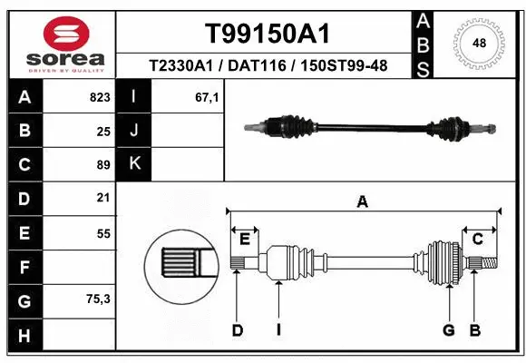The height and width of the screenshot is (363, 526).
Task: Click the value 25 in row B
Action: [103, 132]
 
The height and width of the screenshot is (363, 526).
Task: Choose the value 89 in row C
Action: [103, 165]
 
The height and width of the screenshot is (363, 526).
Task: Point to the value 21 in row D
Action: [103, 198]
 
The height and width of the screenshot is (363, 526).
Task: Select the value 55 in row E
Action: [103, 233]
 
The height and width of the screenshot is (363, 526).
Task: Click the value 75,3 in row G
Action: [98, 299]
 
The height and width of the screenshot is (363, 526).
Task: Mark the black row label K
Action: [134, 164]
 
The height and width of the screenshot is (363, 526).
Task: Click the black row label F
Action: [24, 267]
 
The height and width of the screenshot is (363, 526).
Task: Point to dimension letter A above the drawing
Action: [363, 202]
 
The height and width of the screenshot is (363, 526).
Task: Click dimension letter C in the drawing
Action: [477, 239]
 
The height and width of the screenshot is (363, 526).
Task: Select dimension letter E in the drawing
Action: [244, 239]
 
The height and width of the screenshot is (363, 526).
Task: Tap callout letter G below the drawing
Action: [448, 330]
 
